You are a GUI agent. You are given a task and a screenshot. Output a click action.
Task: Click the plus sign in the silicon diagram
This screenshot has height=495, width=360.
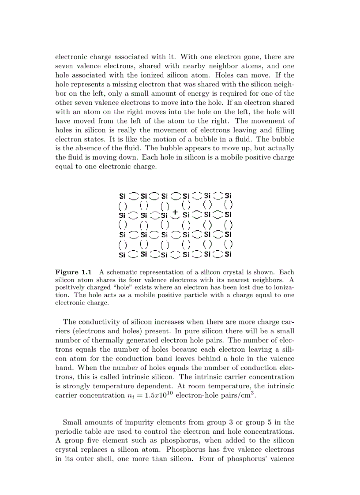click(x=175, y=212)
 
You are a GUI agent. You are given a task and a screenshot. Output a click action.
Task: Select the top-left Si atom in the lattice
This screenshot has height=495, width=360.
click(x=122, y=196)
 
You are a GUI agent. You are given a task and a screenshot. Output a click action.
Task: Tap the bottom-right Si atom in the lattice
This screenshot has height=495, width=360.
click(x=228, y=254)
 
